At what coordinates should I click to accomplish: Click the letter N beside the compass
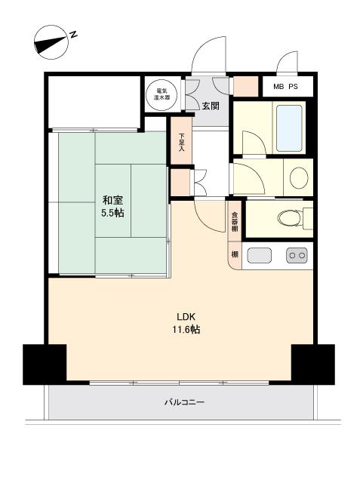coord(73,34)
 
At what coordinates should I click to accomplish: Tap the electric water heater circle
coord(162,94)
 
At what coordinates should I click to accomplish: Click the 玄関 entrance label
coord(211,106)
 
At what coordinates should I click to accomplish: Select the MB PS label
coord(285,87)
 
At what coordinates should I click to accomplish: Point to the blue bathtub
coord(289,128)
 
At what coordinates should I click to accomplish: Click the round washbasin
coord(299,178)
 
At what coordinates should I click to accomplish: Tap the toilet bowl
coord(289,218)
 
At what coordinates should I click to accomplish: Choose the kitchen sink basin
coord(260,255)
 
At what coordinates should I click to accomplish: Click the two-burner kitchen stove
coord(297,255)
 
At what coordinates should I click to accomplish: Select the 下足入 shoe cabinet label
coord(181,142)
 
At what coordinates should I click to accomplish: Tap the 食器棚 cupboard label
coord(235,222)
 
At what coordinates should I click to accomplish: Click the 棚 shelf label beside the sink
coord(235,254)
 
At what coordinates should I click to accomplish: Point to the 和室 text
coord(112,200)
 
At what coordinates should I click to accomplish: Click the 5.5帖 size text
coord(112,213)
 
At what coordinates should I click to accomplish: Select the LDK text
coord(186,317)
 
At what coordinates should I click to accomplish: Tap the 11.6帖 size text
coord(186,329)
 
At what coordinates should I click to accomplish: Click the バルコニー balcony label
coord(184,402)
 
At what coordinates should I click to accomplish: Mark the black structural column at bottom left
coord(45,365)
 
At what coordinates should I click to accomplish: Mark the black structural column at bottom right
coord(313,365)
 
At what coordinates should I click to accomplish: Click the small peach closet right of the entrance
coord(245,86)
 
